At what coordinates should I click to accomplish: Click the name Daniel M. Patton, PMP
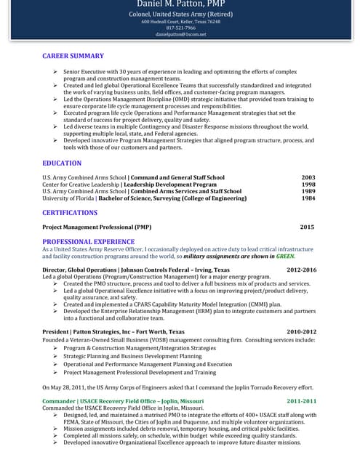click(x=180, y=4)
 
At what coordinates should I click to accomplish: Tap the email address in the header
click(x=180, y=34)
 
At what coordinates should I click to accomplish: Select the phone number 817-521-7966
click(x=180, y=28)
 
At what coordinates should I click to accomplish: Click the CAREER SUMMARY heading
click(x=73, y=56)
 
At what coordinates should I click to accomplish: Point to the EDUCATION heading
click(x=62, y=163)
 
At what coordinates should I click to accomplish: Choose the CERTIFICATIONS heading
click(x=70, y=213)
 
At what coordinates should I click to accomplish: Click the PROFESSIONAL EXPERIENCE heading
click(x=88, y=241)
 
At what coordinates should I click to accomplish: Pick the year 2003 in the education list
click(x=308, y=177)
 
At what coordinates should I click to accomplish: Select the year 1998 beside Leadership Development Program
click(x=308, y=185)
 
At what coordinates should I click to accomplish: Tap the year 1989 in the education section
click(x=308, y=191)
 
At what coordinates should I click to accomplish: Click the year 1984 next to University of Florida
click(x=308, y=198)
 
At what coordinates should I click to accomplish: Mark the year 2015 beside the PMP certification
click(x=307, y=227)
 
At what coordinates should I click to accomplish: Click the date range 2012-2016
click(x=301, y=270)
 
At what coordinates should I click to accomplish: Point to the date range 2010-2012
click(x=301, y=332)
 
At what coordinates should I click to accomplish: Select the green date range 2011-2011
click(x=301, y=401)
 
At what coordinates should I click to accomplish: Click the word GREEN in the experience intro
click(x=285, y=256)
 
